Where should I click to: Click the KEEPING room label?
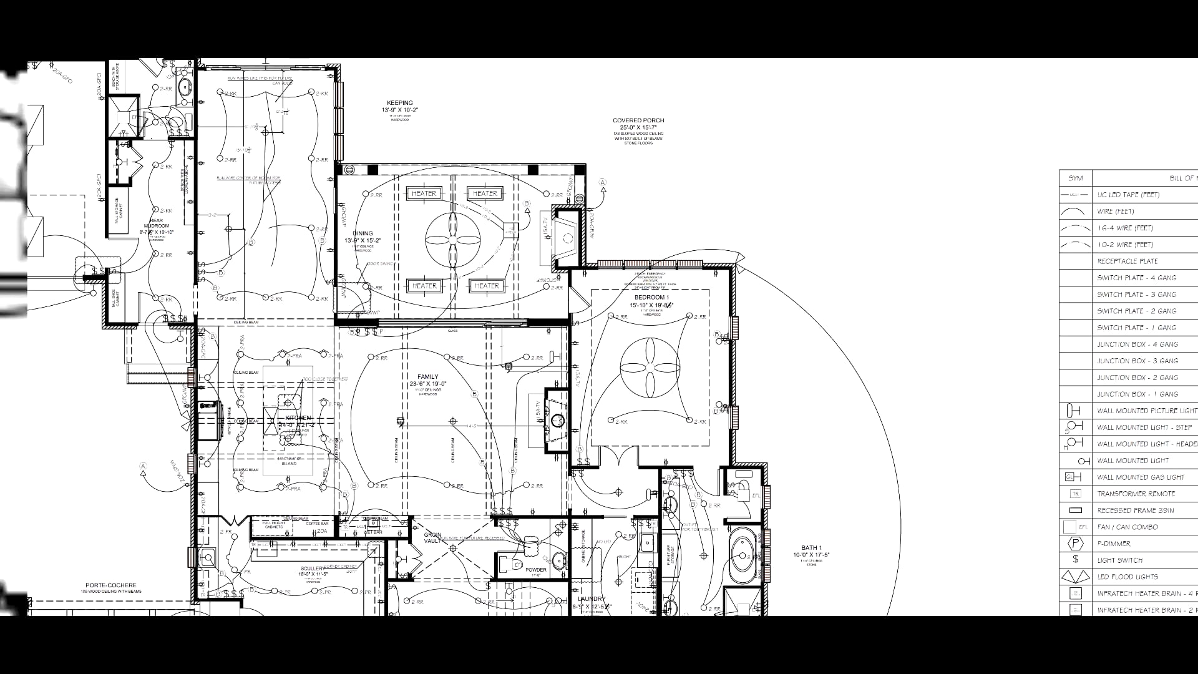[x=400, y=104]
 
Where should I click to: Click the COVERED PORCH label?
[x=638, y=120]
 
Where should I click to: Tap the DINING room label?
[x=363, y=233]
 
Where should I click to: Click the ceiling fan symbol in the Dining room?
[x=453, y=239]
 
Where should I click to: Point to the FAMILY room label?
[x=428, y=377]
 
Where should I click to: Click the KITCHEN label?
[x=298, y=418]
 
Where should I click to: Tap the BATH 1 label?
[x=811, y=548]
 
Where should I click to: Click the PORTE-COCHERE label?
[x=111, y=585]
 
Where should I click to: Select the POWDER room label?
[x=535, y=570]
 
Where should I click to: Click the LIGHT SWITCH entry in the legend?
[x=1120, y=560]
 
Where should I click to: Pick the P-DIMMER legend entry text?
[x=1114, y=544]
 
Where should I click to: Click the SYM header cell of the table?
[x=1075, y=178]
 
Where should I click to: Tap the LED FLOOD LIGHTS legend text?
[x=1127, y=577]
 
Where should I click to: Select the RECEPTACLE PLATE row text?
[x=1127, y=261]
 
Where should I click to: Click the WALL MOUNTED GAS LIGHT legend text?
[x=1141, y=477]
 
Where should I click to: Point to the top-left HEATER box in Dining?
[x=424, y=193]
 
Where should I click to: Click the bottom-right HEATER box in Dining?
[x=486, y=286]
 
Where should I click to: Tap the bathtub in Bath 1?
[x=743, y=555]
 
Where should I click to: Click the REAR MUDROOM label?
[x=156, y=223]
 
